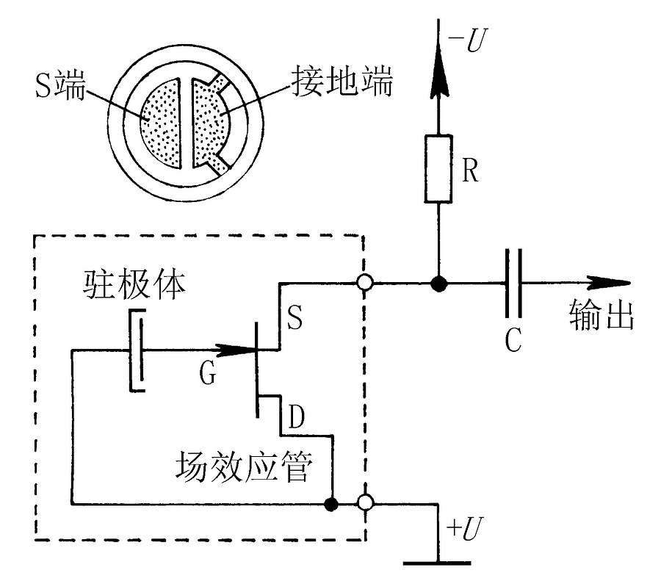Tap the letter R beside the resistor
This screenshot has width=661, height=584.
(470, 171)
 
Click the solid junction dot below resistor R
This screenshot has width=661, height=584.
(439, 284)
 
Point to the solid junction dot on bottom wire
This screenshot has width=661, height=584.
(332, 504)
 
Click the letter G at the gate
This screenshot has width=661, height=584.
(208, 375)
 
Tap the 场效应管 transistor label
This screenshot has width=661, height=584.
(244, 466)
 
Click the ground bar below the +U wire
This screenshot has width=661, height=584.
(438, 564)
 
